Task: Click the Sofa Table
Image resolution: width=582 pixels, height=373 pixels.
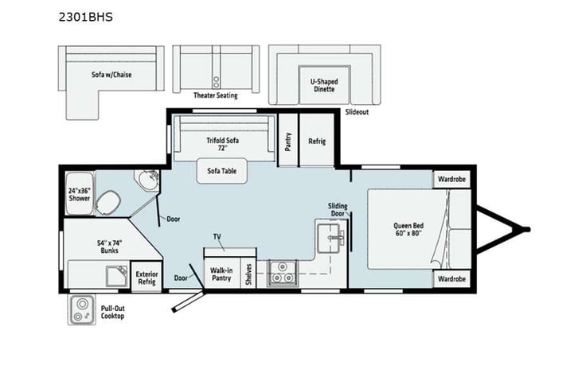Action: point(222,170)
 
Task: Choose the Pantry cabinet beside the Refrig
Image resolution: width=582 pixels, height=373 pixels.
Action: point(288,142)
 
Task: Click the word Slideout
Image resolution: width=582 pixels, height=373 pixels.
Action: point(357,113)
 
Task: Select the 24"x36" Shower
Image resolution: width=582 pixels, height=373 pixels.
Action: point(80,195)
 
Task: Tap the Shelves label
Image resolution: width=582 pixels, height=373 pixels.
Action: point(249,273)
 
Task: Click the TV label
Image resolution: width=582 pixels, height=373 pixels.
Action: point(217,238)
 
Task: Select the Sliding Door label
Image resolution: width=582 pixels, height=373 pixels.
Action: point(338,210)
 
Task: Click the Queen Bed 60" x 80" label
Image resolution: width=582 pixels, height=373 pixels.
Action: point(408,229)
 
